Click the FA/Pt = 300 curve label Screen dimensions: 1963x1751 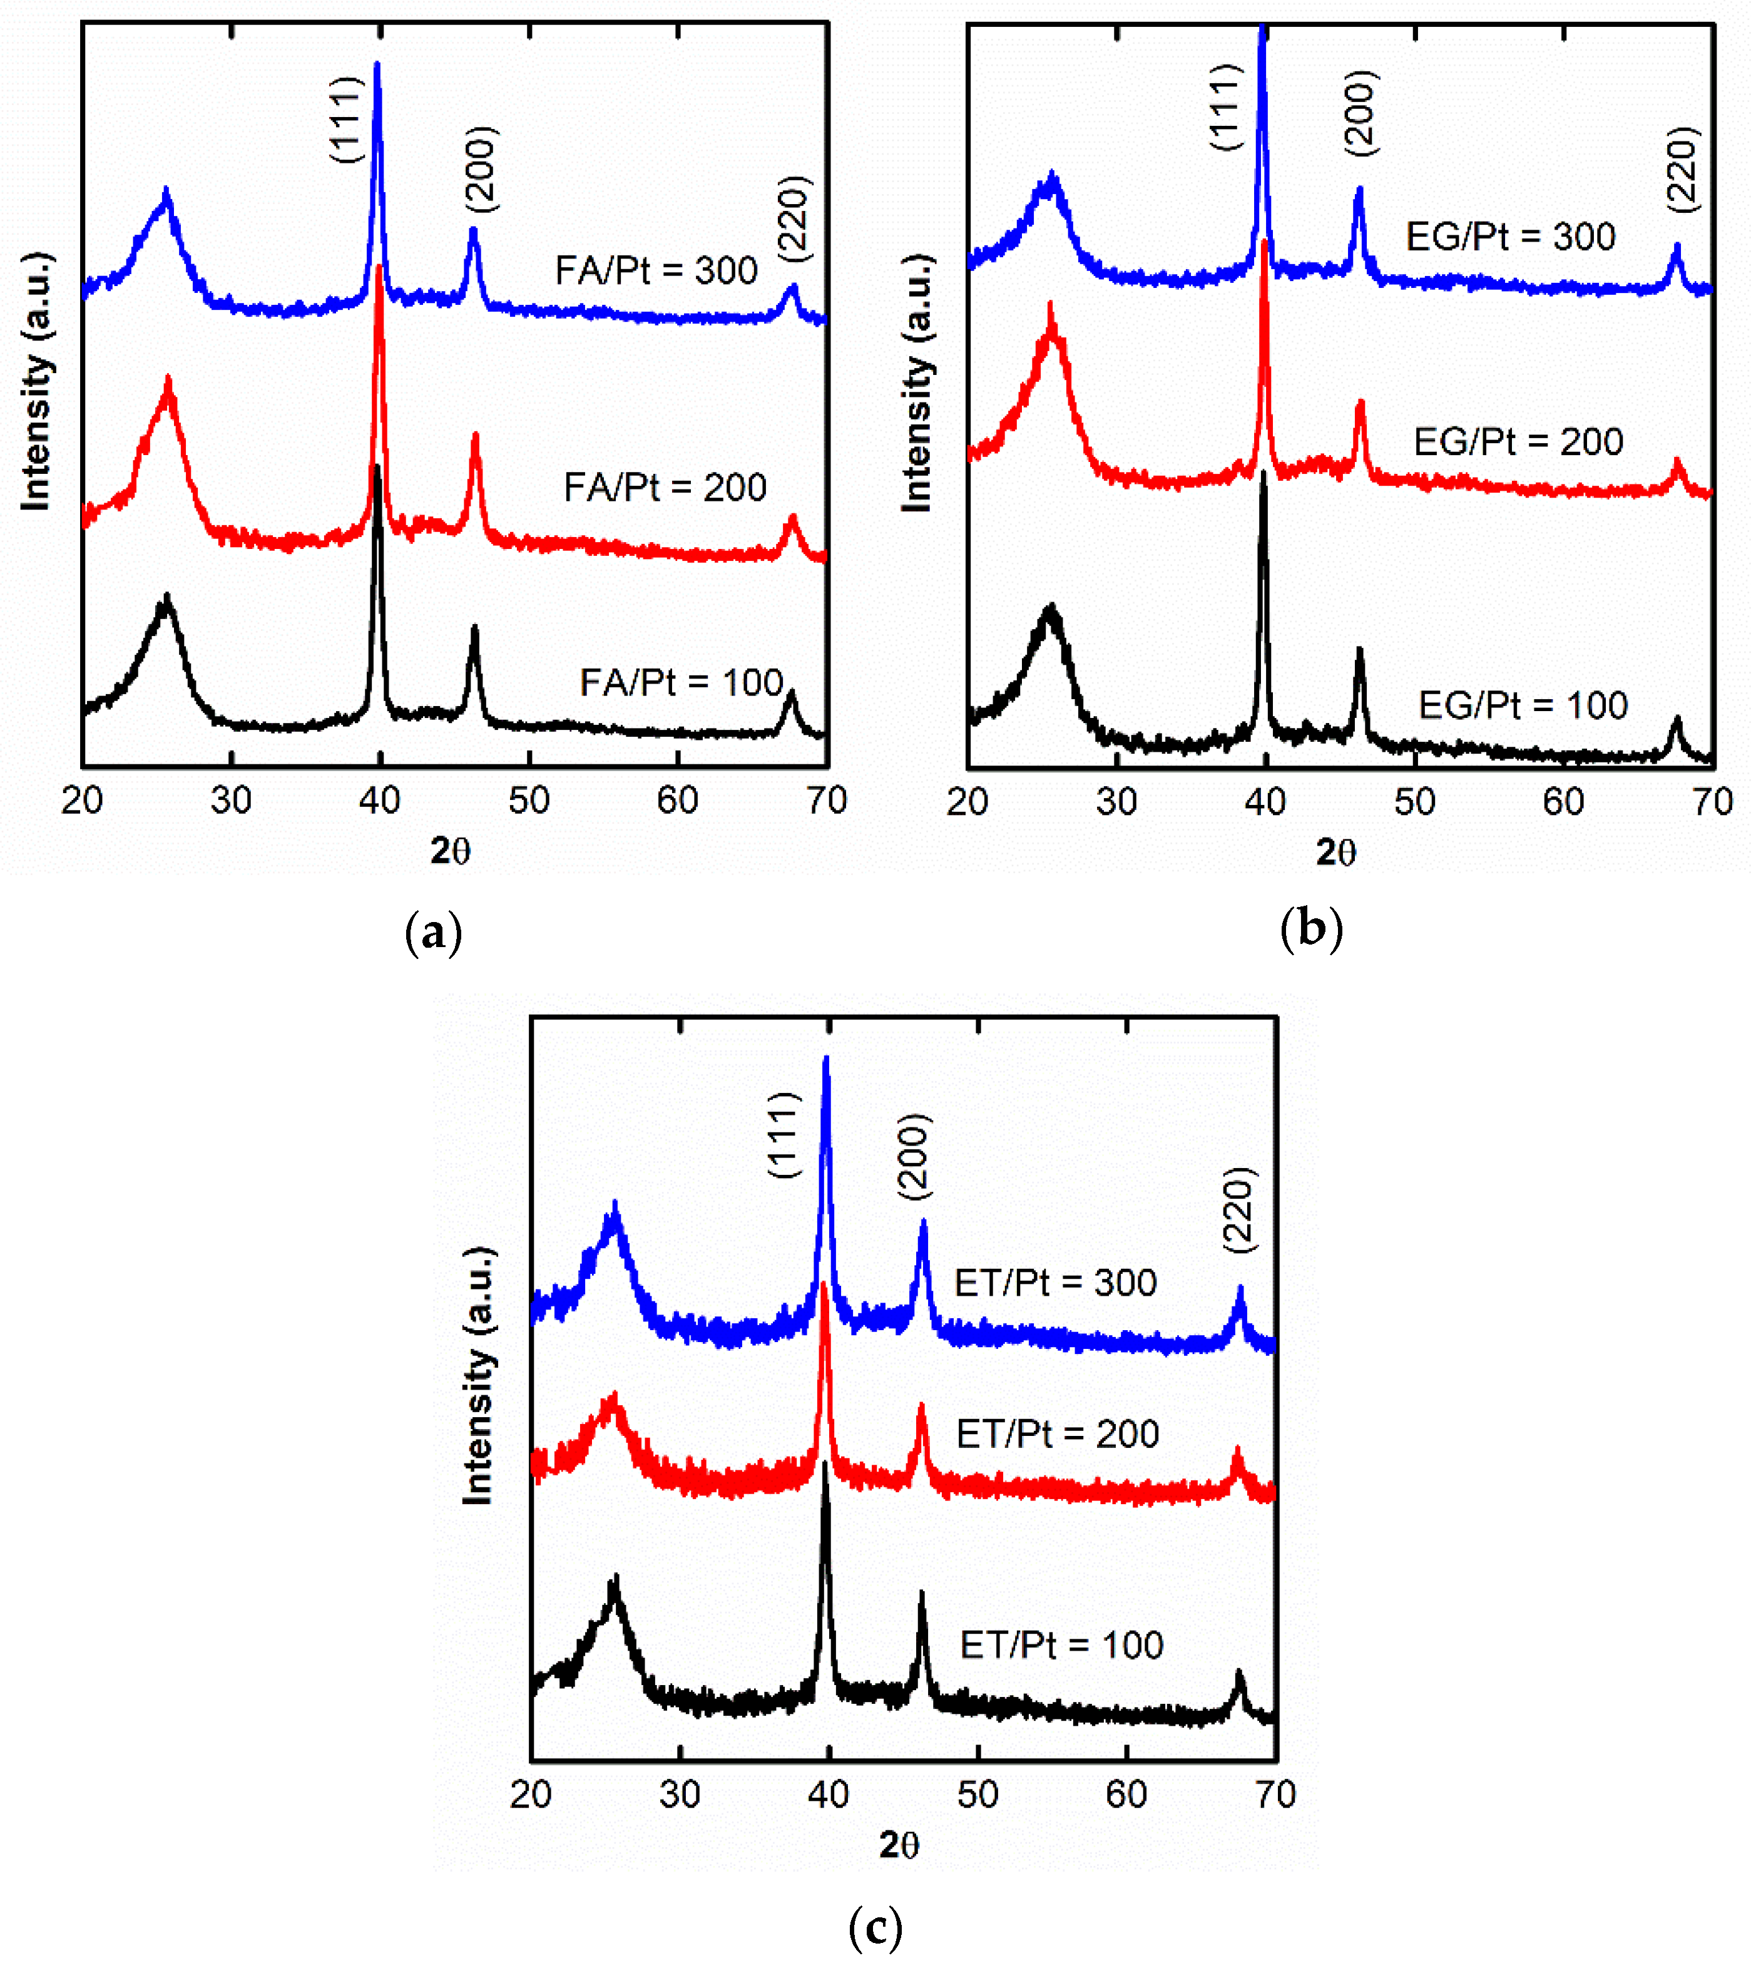click(656, 270)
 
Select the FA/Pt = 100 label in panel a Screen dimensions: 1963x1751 click(681, 682)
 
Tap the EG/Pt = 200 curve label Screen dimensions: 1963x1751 click(1518, 442)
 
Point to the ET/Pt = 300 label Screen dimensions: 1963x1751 click(1055, 1283)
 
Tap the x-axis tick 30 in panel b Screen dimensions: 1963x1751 click(1116, 802)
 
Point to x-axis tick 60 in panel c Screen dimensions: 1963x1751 click(1126, 1795)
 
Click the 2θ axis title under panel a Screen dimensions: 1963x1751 click(450, 851)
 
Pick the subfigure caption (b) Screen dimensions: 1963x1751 click(1311, 930)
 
